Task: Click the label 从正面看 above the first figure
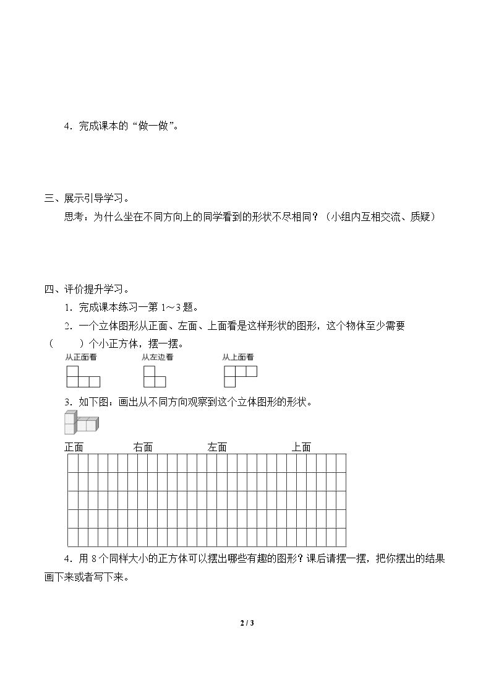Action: coord(80,357)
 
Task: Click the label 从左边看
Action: coord(157,357)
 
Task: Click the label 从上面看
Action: coord(238,357)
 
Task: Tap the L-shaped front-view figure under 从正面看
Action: coord(83,376)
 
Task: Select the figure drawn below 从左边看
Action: coord(155,376)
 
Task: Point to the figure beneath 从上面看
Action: coord(240,376)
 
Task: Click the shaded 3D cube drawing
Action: coord(80,423)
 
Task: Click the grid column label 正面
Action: coord(74,447)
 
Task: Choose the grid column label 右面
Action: coord(143,447)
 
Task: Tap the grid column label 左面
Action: coord(217,447)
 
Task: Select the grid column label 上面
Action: coord(301,447)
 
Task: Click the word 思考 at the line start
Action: coord(74,217)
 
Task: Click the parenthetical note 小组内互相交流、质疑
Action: coord(383,217)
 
